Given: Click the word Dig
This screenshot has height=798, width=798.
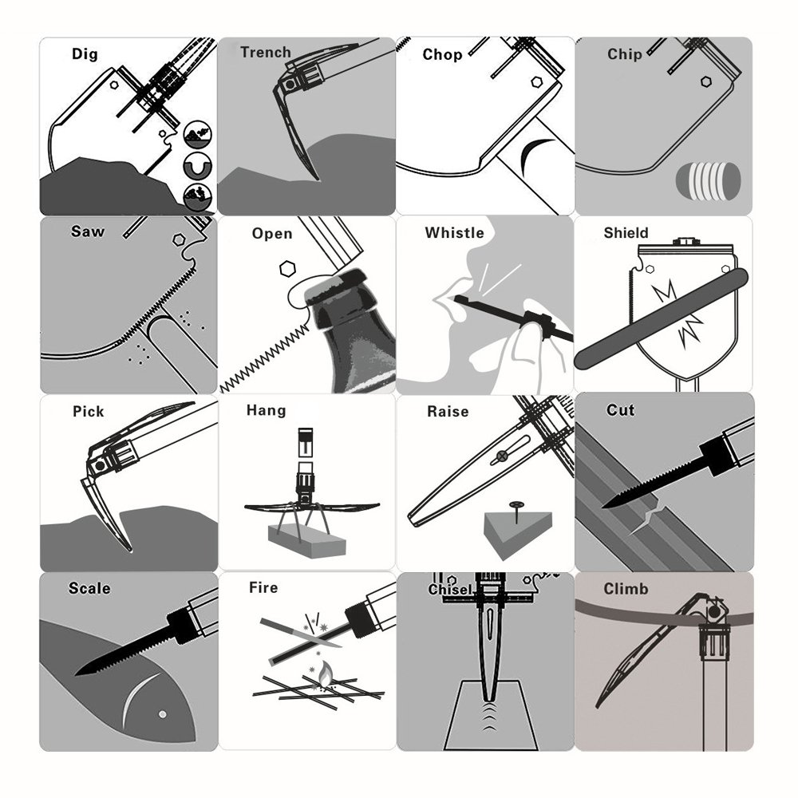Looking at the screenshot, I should click(x=85, y=54).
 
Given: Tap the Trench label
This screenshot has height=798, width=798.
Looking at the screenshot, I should click(x=265, y=53).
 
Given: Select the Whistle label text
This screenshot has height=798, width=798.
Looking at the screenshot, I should click(x=454, y=233).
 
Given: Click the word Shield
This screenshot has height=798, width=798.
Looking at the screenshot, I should click(x=626, y=233).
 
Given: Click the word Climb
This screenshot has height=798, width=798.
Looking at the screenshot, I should click(x=626, y=590).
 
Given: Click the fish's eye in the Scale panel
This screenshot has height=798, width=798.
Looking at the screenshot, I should click(x=162, y=713).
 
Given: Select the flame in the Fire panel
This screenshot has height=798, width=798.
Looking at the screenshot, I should click(x=324, y=678).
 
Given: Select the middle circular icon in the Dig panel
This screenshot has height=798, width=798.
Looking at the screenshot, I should click(x=196, y=165).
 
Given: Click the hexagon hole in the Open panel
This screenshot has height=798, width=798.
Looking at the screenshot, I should click(x=285, y=268).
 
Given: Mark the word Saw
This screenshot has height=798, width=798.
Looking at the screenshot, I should click(x=87, y=232).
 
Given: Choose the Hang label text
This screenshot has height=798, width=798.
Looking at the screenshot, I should click(x=266, y=410).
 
